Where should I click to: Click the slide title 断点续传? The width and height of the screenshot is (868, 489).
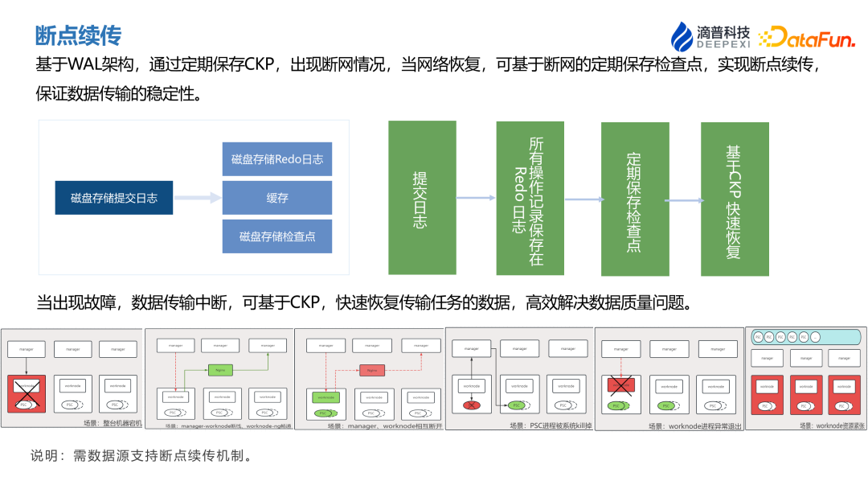pos(78,35)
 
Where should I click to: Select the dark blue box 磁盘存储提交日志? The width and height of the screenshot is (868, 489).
pos(114,198)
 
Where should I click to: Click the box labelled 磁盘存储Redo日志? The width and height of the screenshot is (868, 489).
pos(277,159)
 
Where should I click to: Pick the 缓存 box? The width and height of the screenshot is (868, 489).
pos(277,198)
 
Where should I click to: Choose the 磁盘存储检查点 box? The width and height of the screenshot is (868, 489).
pos(277,236)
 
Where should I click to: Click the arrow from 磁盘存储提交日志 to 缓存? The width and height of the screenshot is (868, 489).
pos(198,198)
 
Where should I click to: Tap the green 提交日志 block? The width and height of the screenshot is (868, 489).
pos(422,198)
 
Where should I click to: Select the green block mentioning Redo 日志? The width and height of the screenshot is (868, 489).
pos(530,198)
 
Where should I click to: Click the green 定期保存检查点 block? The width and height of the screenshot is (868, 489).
pos(635,198)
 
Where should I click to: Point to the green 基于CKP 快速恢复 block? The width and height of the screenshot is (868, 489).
pos(735,198)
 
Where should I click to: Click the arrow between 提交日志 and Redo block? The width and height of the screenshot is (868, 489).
pos(476,198)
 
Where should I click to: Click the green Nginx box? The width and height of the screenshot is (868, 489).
pos(219,371)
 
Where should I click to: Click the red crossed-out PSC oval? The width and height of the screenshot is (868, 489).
pos(473,405)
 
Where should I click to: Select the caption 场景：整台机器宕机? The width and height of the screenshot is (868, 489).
pos(112,423)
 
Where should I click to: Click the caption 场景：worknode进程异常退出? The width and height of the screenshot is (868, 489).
pos(695,426)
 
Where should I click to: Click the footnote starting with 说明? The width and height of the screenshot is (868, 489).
pos(141,456)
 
